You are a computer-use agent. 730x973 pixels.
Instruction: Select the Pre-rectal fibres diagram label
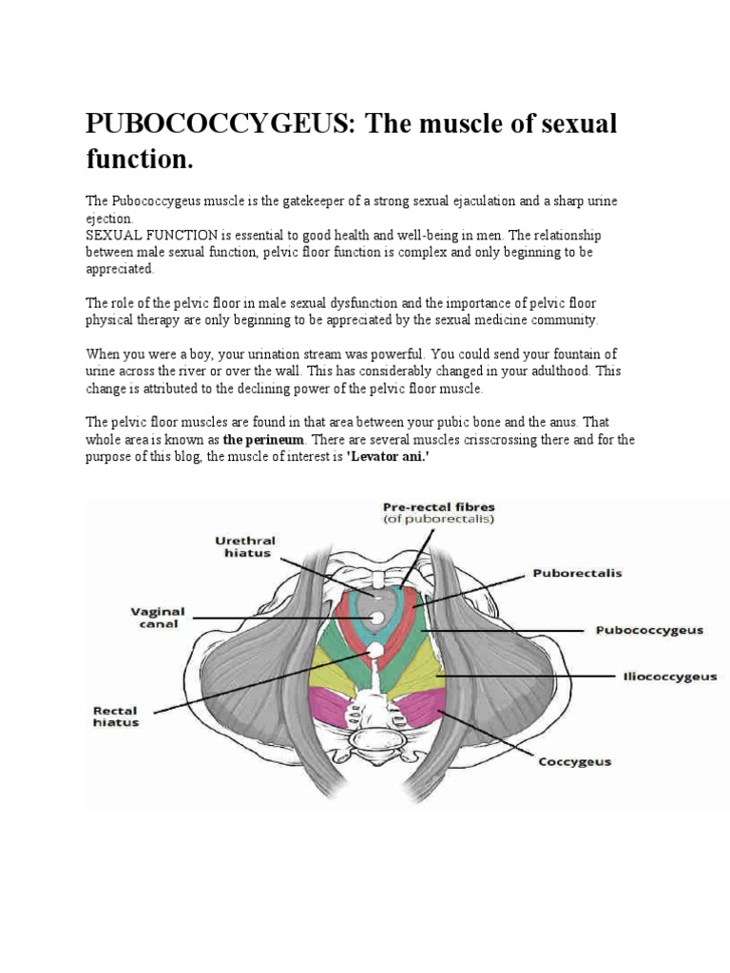pyautogui.click(x=439, y=506)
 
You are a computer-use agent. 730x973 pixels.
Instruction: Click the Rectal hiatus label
pyautogui.click(x=116, y=715)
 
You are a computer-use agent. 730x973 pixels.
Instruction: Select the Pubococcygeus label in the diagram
pyautogui.click(x=648, y=629)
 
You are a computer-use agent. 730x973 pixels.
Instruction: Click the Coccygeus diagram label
pyautogui.click(x=575, y=761)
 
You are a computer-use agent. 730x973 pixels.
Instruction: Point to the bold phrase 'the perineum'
pyautogui.click(x=264, y=441)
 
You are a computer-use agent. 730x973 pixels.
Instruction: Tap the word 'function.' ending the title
pyautogui.click(x=139, y=160)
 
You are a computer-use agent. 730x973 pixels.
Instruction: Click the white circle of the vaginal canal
pyautogui.click(x=376, y=619)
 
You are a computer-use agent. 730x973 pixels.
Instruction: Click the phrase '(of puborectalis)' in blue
pyautogui.click(x=439, y=520)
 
